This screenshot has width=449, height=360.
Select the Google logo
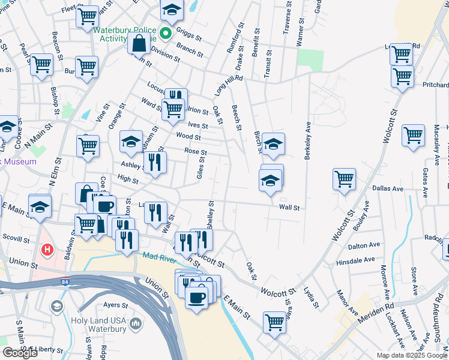[20, 353]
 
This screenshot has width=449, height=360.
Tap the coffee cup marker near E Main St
[196, 296]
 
